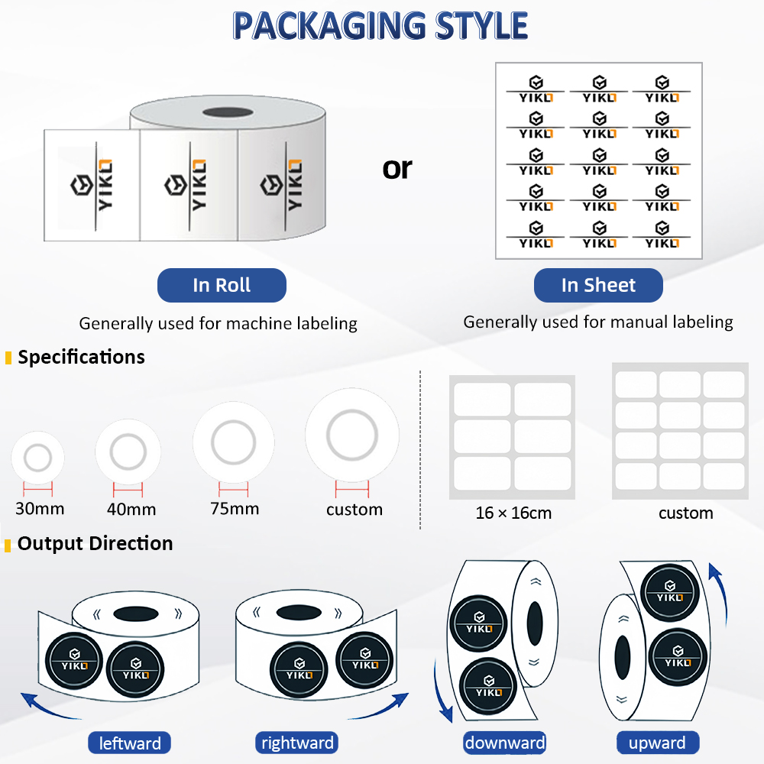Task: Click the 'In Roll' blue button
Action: pyautogui.click(x=222, y=285)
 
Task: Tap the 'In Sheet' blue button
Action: pyautogui.click(x=598, y=285)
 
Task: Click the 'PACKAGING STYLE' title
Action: pyautogui.click(x=380, y=25)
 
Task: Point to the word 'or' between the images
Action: pyautogui.click(x=397, y=169)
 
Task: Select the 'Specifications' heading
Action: pyautogui.click(x=82, y=357)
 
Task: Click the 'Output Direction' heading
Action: pyautogui.click(x=95, y=543)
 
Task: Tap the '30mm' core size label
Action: pyautogui.click(x=40, y=509)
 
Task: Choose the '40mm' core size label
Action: pyautogui.click(x=131, y=510)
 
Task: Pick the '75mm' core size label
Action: pyautogui.click(x=235, y=509)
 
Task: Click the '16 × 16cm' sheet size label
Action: pyautogui.click(x=513, y=513)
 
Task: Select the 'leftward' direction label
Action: pyautogui.click(x=130, y=743)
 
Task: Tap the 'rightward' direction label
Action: pyautogui.click(x=297, y=743)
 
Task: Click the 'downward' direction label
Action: pyautogui.click(x=505, y=743)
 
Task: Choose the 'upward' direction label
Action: pyautogui.click(x=657, y=743)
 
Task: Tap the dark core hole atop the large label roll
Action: pyautogui.click(x=228, y=112)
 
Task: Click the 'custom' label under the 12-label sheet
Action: pyautogui.click(x=685, y=513)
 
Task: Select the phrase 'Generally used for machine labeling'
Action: pyautogui.click(x=219, y=323)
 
